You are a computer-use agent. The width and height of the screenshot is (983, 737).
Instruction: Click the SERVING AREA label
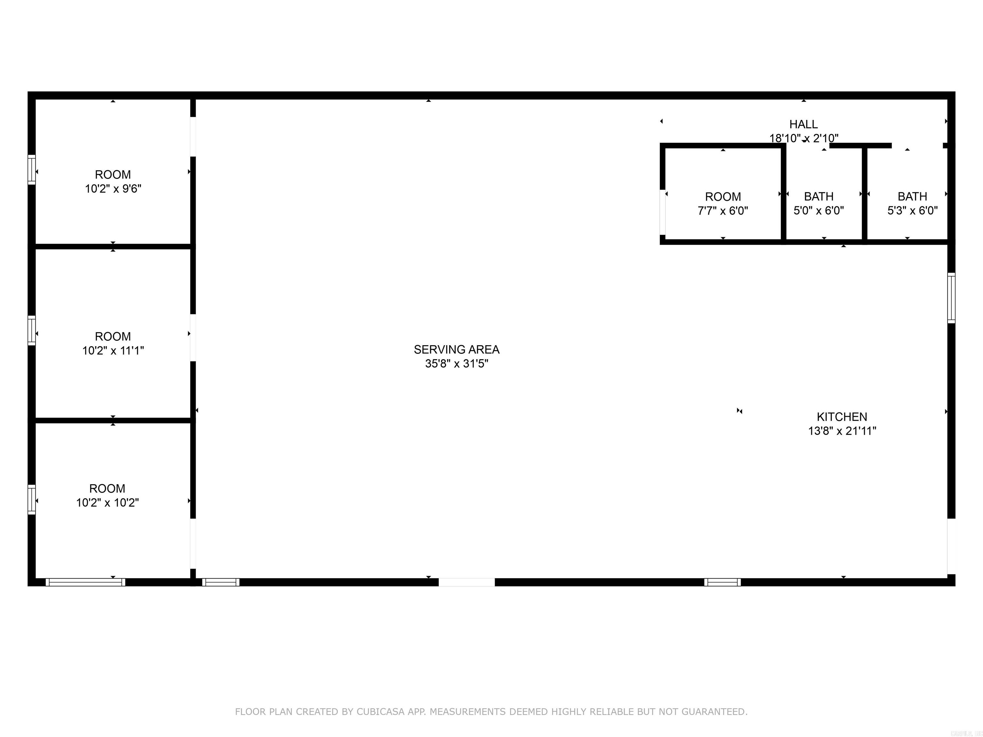coord(456,350)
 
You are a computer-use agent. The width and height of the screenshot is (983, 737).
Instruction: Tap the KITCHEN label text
coord(842,417)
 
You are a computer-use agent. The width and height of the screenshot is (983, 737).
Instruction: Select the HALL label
coord(803,124)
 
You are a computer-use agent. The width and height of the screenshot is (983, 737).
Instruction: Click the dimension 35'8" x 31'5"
coord(456,364)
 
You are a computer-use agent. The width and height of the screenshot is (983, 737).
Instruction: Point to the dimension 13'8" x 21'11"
coord(842,431)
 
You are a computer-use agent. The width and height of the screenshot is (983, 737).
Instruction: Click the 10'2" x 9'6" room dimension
coord(113,189)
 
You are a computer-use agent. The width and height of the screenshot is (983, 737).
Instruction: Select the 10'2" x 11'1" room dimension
coord(113,351)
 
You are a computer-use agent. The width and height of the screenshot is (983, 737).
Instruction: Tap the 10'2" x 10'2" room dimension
coord(107,503)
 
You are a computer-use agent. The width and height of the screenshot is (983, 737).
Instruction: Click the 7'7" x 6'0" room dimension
coord(723,210)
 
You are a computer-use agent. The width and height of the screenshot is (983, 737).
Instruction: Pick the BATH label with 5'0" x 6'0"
coord(819,196)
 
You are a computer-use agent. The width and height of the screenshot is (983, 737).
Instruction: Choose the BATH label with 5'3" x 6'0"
coord(912,196)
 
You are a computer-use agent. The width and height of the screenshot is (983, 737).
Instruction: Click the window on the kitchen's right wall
coord(951,297)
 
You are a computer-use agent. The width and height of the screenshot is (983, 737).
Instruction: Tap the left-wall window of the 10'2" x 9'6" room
coord(32,169)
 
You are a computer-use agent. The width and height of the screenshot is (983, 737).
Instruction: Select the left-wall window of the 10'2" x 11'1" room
coord(32,330)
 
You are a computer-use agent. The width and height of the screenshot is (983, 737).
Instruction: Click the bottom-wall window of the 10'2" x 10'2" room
coord(85,582)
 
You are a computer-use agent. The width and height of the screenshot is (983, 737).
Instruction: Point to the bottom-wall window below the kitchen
coord(722,582)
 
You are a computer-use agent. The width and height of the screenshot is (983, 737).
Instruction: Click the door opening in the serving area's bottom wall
coord(467,582)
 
